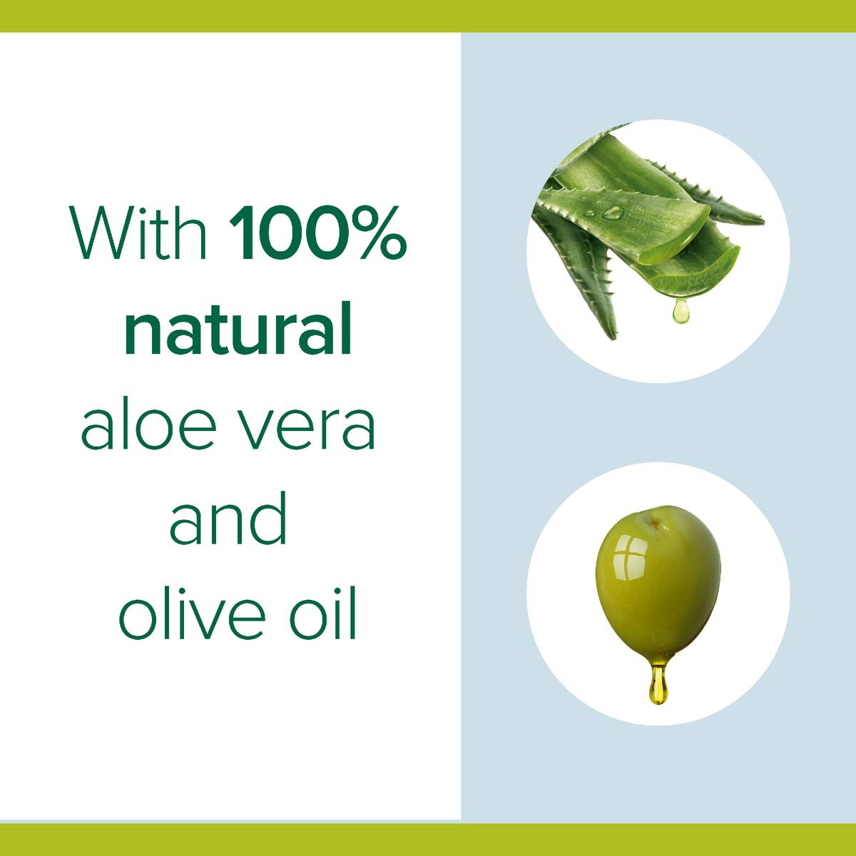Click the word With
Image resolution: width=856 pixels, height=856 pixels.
[x=138, y=232]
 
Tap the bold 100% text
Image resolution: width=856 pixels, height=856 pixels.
[x=318, y=232]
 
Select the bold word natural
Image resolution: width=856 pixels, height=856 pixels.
[x=238, y=329]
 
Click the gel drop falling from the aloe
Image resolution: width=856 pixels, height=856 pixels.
[x=681, y=310]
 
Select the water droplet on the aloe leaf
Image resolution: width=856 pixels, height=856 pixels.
[x=613, y=212]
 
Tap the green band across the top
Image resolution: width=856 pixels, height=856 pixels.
[x=428, y=16]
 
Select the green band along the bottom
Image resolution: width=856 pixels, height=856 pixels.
[x=428, y=839]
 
